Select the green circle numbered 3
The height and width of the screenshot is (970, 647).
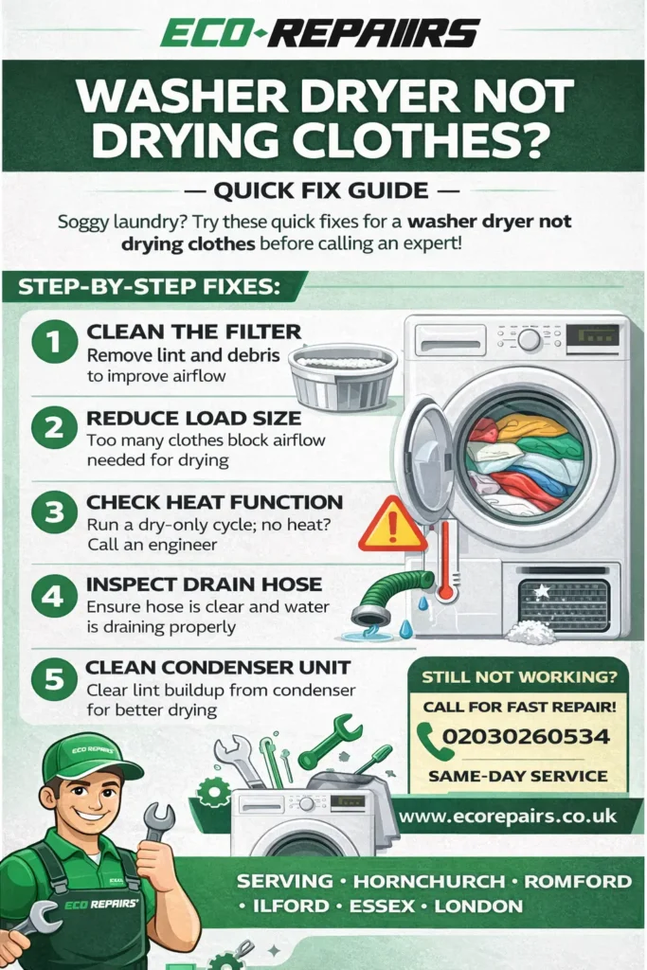click(x=54, y=512)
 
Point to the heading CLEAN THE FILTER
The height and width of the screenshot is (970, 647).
click(x=193, y=332)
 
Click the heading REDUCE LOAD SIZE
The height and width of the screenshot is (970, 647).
click(x=193, y=418)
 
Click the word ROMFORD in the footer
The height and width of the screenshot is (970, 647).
click(x=577, y=881)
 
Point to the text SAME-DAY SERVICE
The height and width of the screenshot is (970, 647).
click(x=517, y=776)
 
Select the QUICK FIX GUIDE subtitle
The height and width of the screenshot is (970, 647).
click(x=322, y=190)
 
